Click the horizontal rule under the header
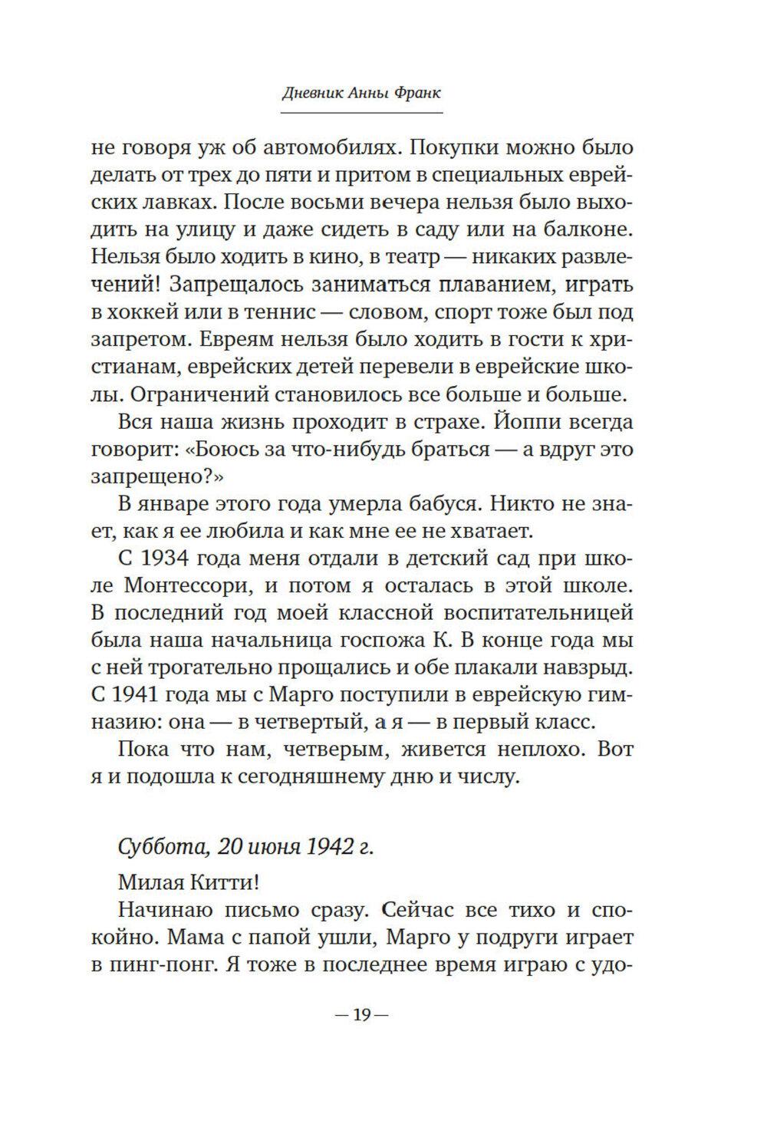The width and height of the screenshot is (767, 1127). click(361, 113)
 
